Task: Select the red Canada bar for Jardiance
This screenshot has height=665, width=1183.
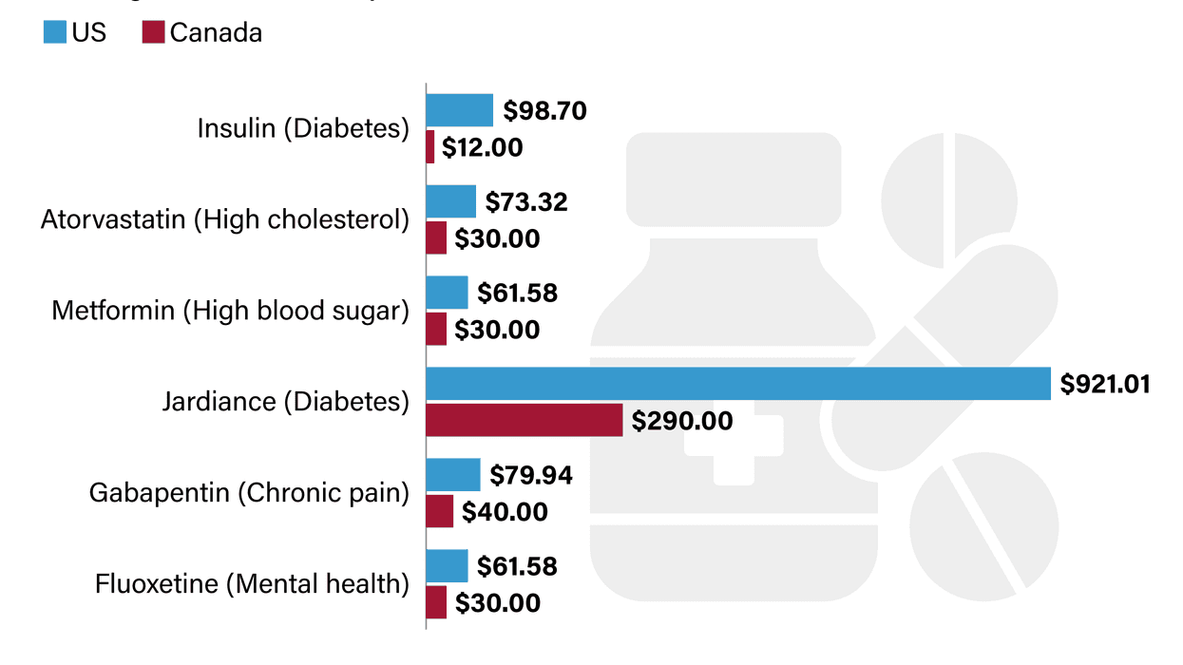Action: coord(524,420)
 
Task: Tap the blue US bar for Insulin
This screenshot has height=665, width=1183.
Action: coord(459,110)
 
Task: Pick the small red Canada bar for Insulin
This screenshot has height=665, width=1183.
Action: coord(430,147)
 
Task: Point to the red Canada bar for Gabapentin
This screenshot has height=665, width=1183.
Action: coord(439,511)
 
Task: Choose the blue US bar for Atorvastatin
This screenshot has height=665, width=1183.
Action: coord(450,201)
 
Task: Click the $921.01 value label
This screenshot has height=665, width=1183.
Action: coord(1105,385)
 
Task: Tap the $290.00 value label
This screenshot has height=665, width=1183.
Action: coord(682,421)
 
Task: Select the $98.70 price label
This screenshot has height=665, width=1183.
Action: coord(544,111)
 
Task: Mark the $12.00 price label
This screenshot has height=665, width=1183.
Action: coord(482,148)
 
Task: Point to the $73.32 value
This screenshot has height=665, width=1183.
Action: coord(526,202)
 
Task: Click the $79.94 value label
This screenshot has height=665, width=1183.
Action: coord(531,475)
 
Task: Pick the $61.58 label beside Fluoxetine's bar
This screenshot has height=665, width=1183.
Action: coord(516,566)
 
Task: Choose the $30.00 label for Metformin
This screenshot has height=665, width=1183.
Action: coord(497,330)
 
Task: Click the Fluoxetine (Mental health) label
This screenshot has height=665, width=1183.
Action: coord(252,583)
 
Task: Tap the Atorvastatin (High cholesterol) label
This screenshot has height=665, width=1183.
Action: coord(225,219)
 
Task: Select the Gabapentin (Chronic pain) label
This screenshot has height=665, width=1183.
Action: coord(249,493)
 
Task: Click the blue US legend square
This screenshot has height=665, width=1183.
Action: coord(54,32)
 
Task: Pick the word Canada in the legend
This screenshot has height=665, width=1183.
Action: coord(216,32)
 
